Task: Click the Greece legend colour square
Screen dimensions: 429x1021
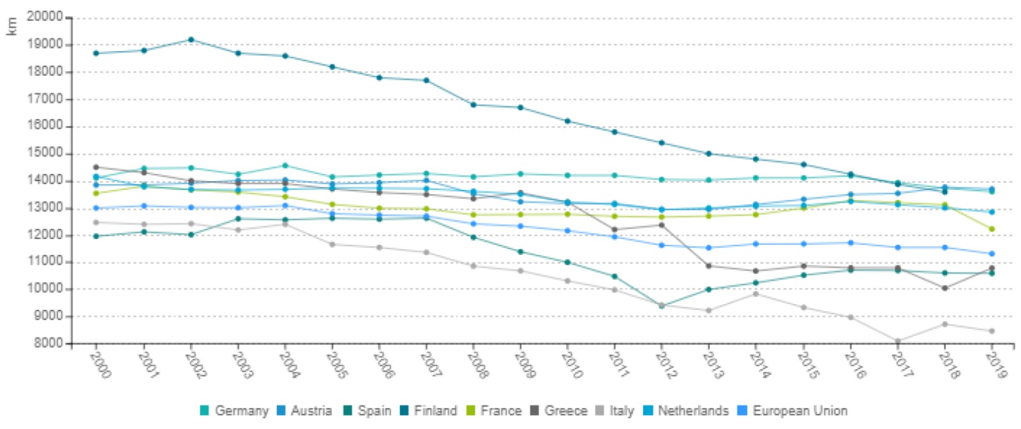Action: point(535,411)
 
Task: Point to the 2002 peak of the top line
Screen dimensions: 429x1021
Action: point(191,40)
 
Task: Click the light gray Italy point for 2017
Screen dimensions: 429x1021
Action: point(898,342)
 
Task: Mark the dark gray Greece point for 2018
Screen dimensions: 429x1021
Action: point(945,288)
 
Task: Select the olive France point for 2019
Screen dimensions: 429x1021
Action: point(992,229)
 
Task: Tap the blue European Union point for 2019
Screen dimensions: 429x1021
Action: point(992,254)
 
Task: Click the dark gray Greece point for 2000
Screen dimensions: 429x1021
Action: point(96,167)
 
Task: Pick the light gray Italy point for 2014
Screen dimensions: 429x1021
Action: point(756,294)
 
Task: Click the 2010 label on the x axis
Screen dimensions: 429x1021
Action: point(571,365)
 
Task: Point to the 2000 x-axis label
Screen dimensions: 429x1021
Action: point(100,365)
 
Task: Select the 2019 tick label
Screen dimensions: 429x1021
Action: point(995,365)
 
